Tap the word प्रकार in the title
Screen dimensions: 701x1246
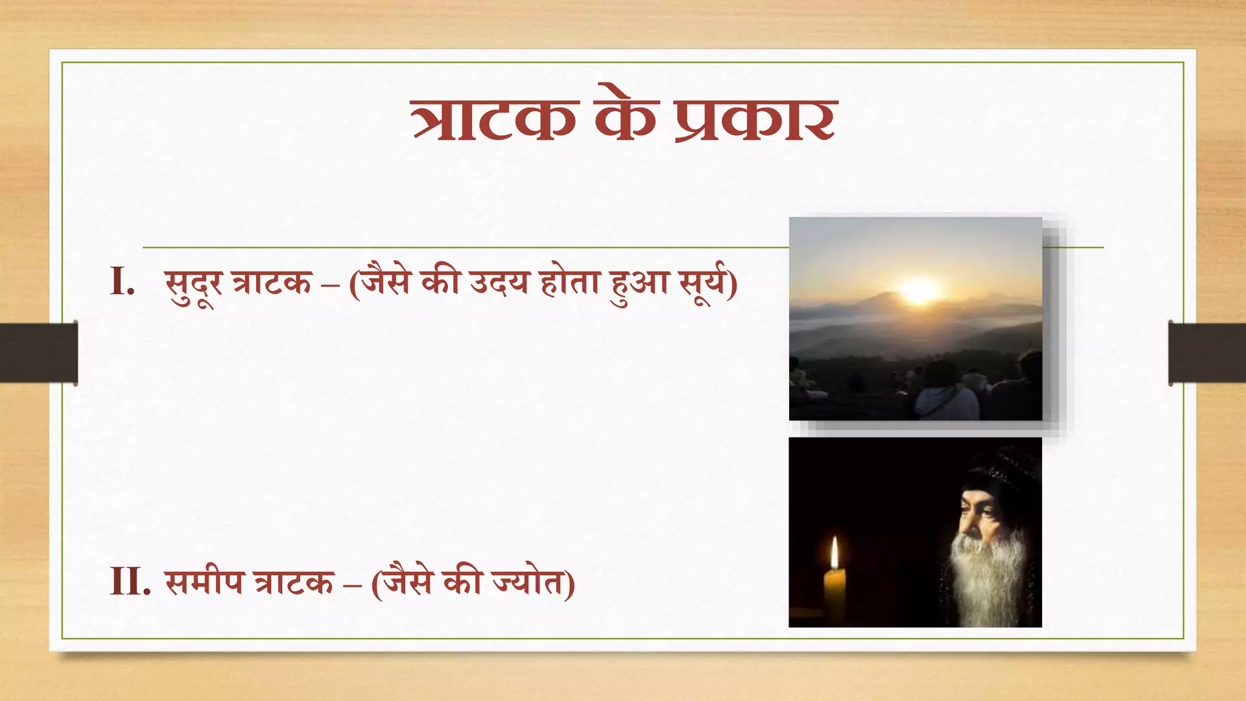(756, 119)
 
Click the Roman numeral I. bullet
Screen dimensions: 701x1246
(122, 282)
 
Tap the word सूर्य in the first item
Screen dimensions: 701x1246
(703, 284)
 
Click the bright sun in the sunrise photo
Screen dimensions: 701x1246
(919, 290)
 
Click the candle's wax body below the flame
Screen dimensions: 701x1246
(835, 593)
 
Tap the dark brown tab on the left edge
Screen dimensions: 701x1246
(38, 353)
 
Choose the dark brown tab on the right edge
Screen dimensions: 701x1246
(1207, 353)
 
